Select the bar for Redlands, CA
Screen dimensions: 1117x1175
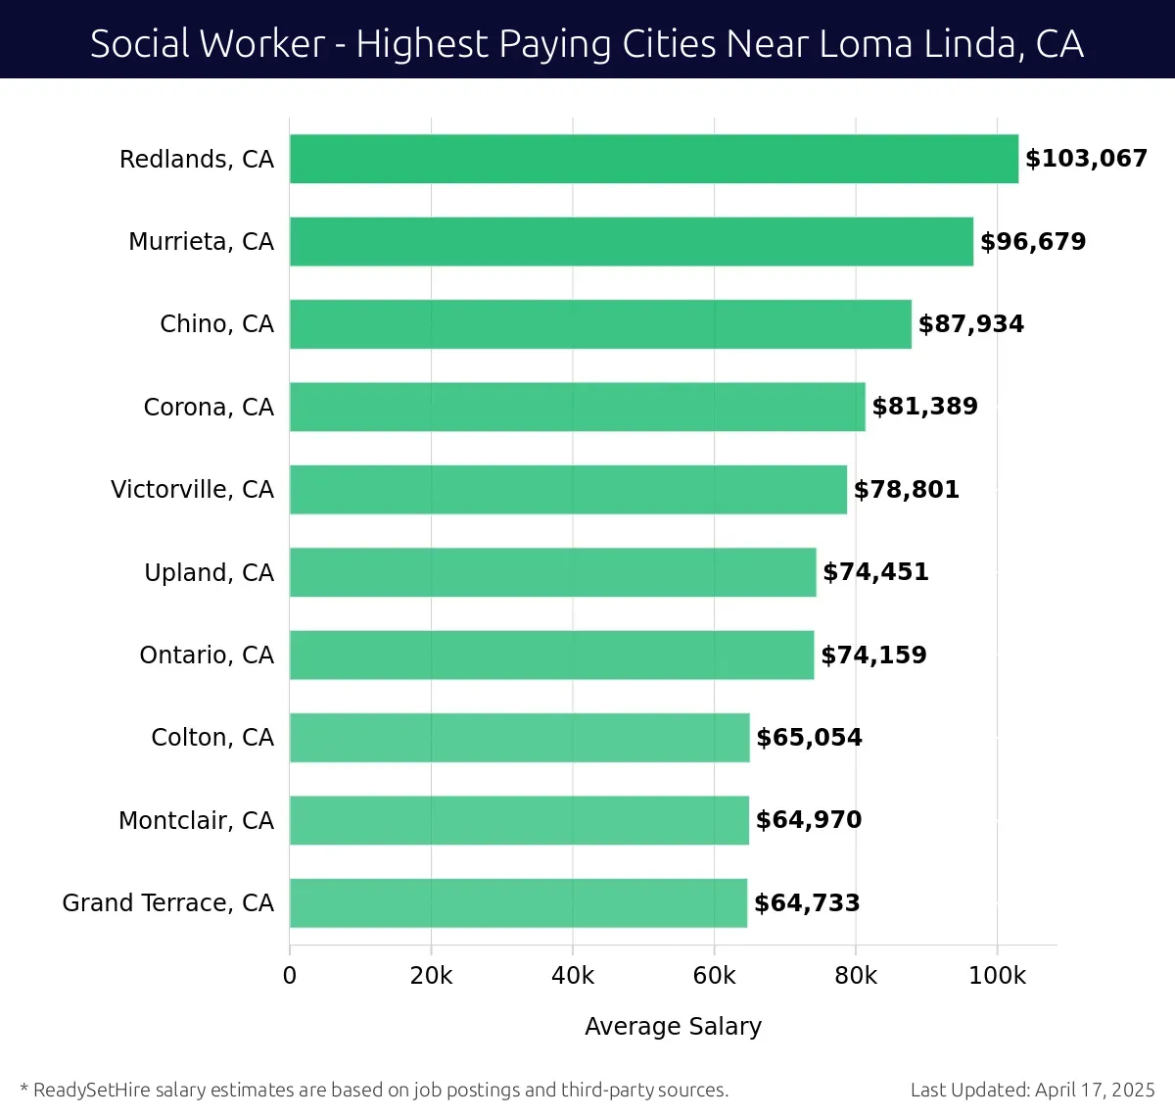[653, 159]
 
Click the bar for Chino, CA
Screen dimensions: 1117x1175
[600, 324]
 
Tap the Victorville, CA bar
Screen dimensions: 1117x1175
[568, 490]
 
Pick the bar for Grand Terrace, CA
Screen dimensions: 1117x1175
[518, 903]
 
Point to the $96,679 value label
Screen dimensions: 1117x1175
[1033, 242]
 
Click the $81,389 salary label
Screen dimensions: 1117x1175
[924, 407]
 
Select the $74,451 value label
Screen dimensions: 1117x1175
[875, 572]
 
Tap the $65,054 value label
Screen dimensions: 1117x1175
[809, 738]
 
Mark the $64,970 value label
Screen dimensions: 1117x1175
[809, 820]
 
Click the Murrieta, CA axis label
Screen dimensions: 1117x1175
[201, 242]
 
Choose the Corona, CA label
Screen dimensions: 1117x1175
[209, 408]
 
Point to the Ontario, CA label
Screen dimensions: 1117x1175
[207, 656]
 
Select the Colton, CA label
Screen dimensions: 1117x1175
[212, 738]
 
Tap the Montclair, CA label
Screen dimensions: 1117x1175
[196, 821]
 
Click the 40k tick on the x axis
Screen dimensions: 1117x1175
[573, 976]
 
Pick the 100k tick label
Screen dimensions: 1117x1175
[997, 976]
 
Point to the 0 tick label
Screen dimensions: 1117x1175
[290, 976]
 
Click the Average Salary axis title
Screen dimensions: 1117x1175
[673, 1027]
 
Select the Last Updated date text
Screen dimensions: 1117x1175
[1032, 1091]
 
